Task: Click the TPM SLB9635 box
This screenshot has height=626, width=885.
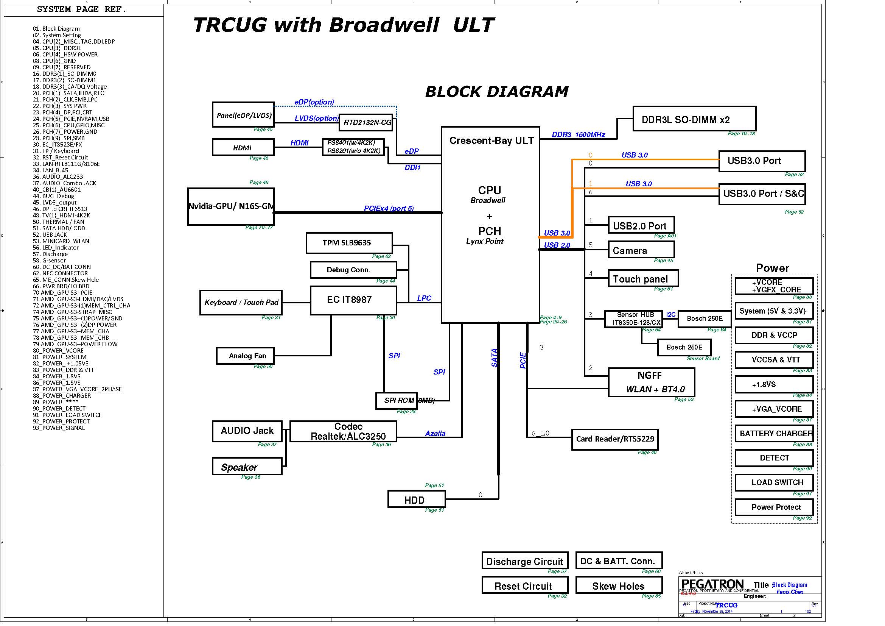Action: coord(349,243)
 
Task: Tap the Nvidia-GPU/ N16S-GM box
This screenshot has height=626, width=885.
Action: coord(230,206)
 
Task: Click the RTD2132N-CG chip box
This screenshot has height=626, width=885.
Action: coord(366,123)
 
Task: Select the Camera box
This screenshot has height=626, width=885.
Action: coord(641,250)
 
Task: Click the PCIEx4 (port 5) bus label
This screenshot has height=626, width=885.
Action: coord(389,208)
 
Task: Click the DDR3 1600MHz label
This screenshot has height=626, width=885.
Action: coord(578,134)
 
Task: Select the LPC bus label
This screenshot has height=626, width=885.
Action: coord(424,298)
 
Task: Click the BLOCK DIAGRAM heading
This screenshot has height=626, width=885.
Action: coord(496,92)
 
